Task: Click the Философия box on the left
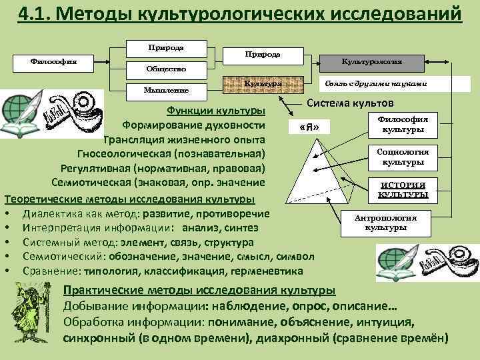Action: [53, 61]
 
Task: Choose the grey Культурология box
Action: [371, 61]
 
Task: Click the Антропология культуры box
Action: [386, 223]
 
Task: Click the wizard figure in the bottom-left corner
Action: [30, 313]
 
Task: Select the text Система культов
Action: [350, 103]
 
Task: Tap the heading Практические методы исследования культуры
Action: [199, 291]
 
